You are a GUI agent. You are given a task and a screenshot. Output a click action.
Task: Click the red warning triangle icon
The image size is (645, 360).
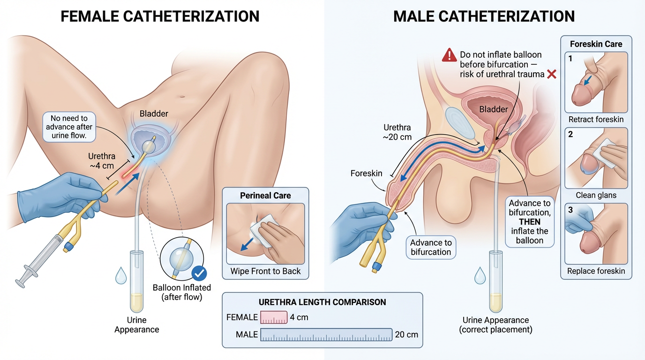click(x=449, y=55)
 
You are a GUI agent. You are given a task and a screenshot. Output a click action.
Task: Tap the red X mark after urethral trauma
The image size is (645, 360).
click(x=551, y=74)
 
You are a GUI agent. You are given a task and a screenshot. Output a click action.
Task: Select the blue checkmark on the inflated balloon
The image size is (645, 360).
click(x=200, y=272)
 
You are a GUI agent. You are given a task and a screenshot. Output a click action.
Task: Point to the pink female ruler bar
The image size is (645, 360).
click(x=274, y=317)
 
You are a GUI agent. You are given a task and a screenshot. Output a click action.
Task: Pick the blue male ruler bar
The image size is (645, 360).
click(x=326, y=335)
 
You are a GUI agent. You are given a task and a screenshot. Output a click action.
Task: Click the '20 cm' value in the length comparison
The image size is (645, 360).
click(x=406, y=335)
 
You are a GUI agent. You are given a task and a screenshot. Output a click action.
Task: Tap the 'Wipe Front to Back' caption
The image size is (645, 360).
click(x=265, y=271)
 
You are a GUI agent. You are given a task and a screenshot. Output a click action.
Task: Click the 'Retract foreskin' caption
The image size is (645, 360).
click(x=596, y=119)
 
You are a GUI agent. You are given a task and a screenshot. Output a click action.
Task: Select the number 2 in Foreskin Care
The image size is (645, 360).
click(x=570, y=135)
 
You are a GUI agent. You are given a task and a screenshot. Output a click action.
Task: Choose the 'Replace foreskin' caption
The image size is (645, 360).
click(x=596, y=271)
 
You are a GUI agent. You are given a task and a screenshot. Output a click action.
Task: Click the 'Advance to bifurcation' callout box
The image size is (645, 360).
click(x=430, y=247)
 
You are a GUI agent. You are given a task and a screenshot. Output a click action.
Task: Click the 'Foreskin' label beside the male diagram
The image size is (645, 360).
click(x=366, y=173)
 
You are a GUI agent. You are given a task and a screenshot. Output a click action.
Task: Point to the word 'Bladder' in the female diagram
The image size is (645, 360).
click(x=153, y=113)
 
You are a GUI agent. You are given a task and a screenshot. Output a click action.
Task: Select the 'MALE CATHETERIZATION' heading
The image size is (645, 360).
click(x=484, y=17)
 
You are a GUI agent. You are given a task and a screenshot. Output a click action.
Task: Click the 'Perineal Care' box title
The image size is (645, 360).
click(x=265, y=195)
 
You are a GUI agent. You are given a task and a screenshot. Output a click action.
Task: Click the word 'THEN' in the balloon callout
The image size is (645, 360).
click(x=530, y=222)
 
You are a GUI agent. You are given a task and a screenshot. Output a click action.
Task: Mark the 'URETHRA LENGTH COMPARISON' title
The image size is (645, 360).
click(x=322, y=302)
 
